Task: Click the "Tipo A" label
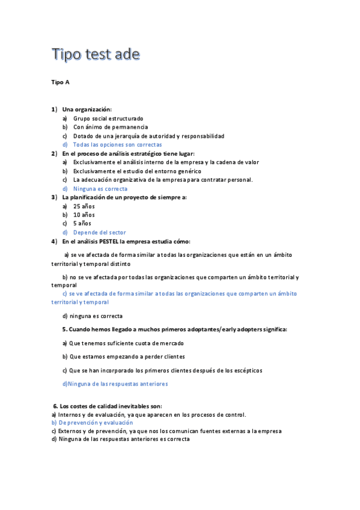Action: (61, 82)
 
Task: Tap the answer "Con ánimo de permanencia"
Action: (111, 127)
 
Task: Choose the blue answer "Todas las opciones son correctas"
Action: (117, 145)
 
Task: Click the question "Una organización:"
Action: (87, 109)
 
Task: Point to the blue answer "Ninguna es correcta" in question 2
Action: (100, 189)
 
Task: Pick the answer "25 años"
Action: (84, 206)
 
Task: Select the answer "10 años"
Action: (84, 215)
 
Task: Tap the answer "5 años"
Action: (82, 224)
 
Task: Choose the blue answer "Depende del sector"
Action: (99, 232)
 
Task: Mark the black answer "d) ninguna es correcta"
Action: (93, 316)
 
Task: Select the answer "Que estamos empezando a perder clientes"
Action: (127, 357)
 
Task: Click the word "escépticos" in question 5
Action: (248, 370)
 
